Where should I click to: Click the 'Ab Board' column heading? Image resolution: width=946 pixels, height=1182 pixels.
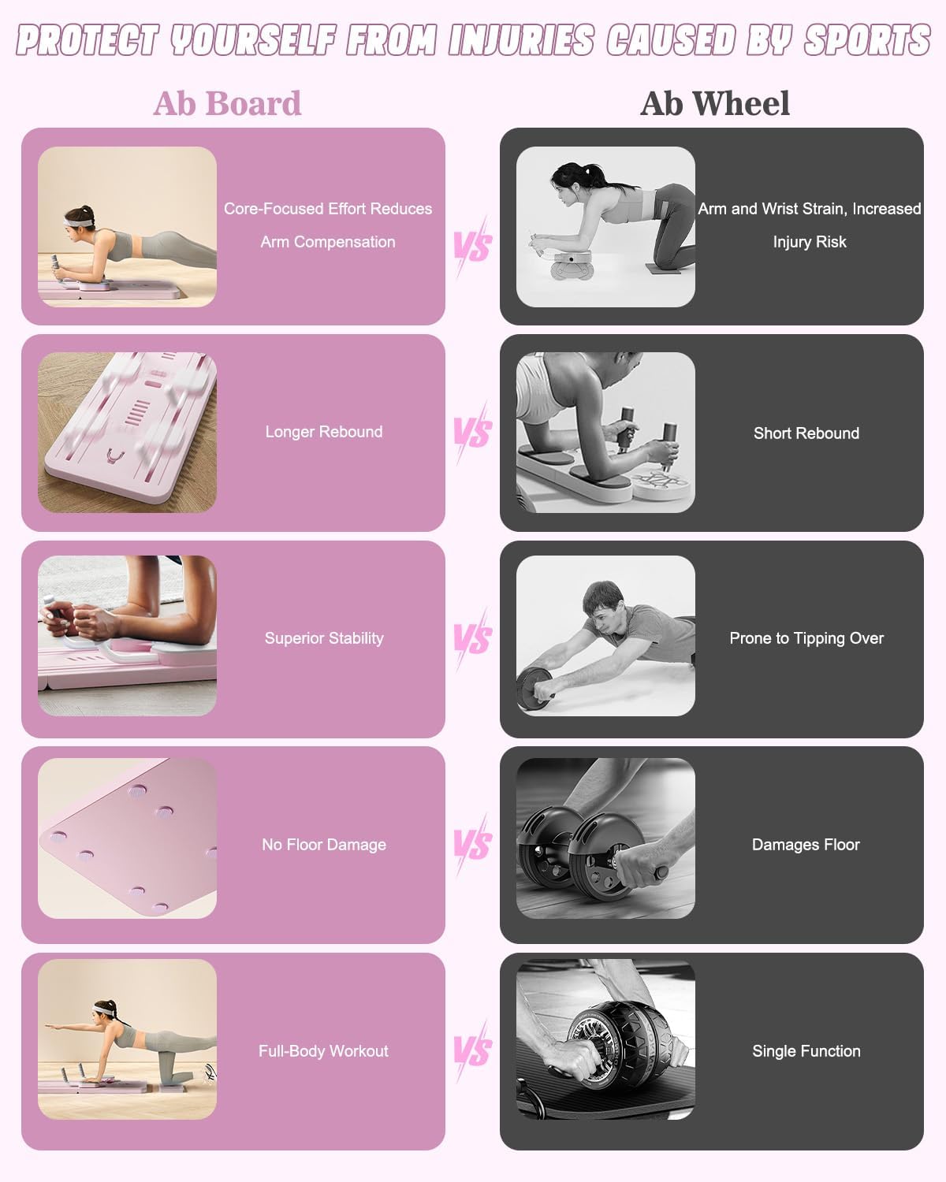pos(228,103)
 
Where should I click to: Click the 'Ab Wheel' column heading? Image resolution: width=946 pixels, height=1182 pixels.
pos(715,103)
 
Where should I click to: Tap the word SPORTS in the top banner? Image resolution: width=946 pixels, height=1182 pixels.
pos(868,40)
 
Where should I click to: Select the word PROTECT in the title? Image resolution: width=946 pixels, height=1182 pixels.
pos(88,40)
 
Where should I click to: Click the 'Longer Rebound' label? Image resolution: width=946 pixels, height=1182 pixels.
pos(324,432)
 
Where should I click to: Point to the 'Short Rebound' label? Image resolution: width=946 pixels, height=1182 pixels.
pos(806,433)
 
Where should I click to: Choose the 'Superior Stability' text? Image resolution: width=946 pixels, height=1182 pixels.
pos(324,638)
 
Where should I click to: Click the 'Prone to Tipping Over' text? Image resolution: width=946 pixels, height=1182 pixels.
pos(806,638)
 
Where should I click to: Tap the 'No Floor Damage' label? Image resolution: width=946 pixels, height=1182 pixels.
pos(324,845)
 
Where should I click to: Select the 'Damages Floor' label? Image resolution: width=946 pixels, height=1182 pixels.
pos(806,845)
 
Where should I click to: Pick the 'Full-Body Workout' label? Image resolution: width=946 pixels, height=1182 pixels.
pos(323,1051)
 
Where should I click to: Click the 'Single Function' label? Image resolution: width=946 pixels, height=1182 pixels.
pos(806,1051)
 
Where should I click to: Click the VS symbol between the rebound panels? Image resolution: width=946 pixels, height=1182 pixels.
pos(471,433)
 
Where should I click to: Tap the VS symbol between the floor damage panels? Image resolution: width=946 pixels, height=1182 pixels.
pos(471,845)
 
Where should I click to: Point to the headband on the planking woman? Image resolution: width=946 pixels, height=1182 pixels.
pos(76,222)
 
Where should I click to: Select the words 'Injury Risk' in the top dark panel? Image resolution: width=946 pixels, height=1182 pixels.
pos(809,242)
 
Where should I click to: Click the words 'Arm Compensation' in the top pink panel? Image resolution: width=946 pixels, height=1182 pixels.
pos(328,242)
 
